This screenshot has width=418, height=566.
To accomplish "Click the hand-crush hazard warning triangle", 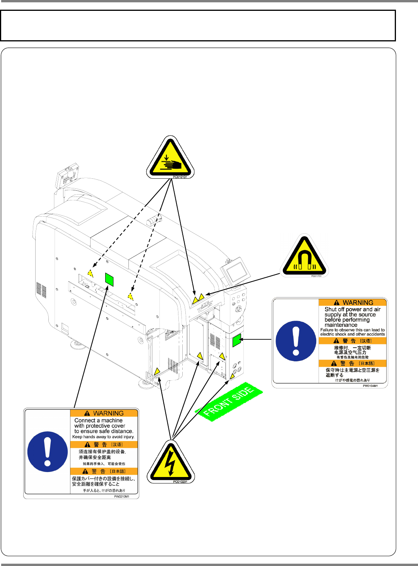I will point(170,159).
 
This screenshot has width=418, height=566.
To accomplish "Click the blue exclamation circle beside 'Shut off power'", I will point(296,341).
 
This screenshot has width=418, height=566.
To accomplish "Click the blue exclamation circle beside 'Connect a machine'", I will point(48,451).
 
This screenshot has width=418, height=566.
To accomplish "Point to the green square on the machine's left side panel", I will point(109,279).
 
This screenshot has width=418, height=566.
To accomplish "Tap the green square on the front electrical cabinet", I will point(236,340).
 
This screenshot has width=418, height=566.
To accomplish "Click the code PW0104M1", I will point(370,386).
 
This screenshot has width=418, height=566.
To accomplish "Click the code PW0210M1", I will point(122,496).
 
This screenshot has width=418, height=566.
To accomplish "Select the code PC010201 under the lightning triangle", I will point(180,482).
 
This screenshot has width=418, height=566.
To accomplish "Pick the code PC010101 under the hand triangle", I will point(180,177).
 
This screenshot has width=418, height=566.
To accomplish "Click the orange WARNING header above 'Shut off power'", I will point(353,303).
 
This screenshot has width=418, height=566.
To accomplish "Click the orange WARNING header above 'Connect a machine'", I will point(104,413).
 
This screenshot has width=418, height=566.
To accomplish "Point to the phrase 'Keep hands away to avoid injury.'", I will point(103,437).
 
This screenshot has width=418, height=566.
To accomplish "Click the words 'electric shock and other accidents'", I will point(353,334).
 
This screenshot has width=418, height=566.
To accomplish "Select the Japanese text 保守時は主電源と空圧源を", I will point(353,370).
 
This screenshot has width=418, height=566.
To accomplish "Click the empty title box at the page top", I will point(198,26).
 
